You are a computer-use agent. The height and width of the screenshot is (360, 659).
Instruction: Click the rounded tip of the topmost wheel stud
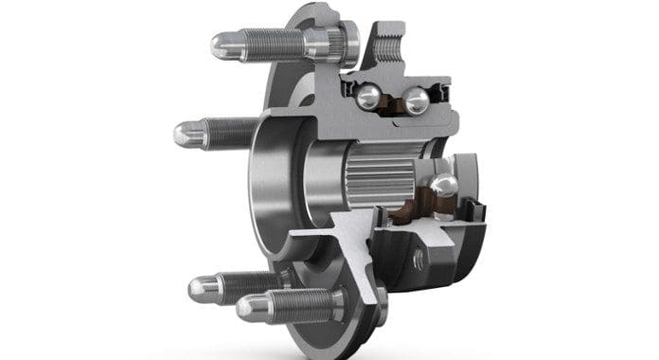(220, 44)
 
